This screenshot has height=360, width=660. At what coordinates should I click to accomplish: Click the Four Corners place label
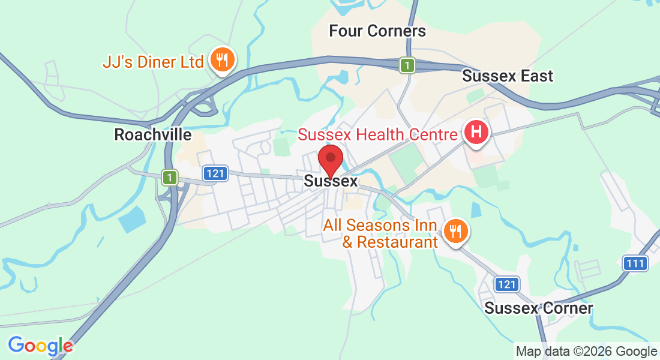377,31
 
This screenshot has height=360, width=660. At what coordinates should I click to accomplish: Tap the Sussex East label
508,76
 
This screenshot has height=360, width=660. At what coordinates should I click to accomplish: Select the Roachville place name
152,135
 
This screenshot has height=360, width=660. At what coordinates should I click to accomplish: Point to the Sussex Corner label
539,308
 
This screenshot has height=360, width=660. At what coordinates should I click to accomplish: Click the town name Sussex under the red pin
331,181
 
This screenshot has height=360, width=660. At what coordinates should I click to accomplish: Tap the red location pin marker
330,159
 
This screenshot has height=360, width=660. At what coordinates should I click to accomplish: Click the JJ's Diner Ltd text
152,61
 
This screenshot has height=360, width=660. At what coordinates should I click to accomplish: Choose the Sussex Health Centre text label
377,134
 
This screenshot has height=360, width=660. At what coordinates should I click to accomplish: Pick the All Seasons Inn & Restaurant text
380,234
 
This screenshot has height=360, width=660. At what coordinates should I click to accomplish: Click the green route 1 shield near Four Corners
408,65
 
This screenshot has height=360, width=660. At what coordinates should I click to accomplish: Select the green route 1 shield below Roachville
171,178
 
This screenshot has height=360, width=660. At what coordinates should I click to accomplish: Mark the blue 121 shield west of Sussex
215,173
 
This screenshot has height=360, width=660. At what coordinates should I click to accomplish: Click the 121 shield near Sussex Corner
507,284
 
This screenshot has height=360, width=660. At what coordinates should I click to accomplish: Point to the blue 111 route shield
635,263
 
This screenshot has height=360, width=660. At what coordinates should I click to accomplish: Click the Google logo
40,346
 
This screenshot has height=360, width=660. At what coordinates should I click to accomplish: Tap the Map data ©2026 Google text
587,352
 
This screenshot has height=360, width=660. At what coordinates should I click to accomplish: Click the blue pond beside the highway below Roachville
132,220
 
